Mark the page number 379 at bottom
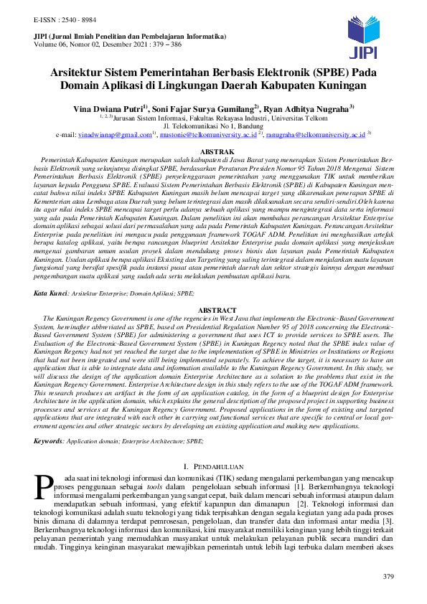point(389,577)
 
